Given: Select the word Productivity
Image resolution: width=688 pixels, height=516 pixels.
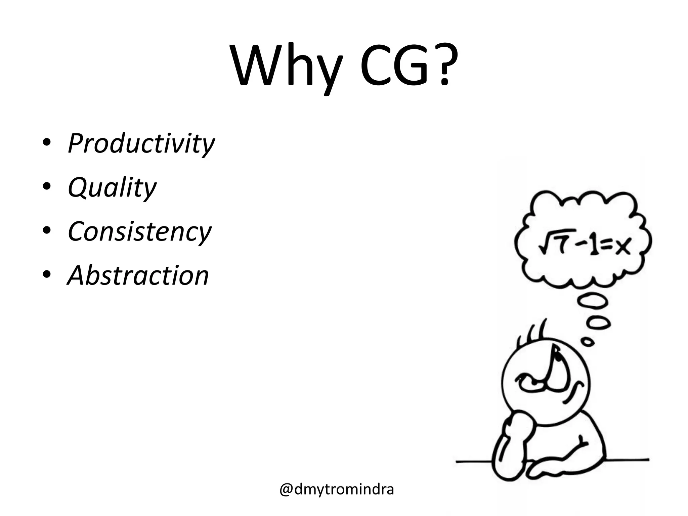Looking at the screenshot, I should coord(141,143).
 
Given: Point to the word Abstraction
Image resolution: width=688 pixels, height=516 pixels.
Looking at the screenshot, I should coord(138,275).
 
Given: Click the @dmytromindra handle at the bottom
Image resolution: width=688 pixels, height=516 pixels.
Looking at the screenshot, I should coord(337,490).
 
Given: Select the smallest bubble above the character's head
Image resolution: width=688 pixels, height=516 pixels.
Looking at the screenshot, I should coord(588,342).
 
